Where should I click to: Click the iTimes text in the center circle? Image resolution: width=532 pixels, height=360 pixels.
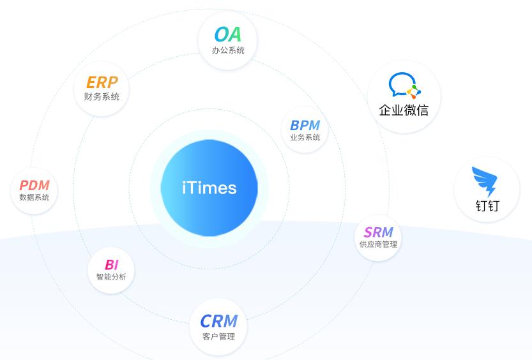pos(209,188)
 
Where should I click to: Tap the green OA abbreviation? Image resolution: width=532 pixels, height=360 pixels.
pos(227,34)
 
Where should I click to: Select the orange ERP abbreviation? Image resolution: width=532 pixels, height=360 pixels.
pos(102,82)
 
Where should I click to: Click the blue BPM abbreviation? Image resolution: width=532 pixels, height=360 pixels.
pos(305,125)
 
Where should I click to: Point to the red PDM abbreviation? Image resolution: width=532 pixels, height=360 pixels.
pos(34,185)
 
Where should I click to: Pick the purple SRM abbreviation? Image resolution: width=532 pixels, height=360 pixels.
pos(378,232)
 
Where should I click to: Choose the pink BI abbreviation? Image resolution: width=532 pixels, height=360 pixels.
pos(111,264)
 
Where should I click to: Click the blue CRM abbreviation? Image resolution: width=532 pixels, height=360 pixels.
pos(218,321)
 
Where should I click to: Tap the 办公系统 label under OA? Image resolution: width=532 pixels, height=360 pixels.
pos(228,50)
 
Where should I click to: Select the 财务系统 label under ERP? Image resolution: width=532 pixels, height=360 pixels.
pos(102,96)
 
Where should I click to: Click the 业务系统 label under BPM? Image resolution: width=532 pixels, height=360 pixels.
pos(305,137)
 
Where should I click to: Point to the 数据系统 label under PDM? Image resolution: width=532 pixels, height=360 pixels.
pos(34,197)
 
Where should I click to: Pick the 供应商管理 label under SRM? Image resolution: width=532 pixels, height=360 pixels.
pos(378,244)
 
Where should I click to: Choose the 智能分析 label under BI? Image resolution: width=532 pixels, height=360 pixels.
pos(111,276)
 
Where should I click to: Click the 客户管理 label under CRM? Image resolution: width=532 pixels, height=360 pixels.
pos(218,336)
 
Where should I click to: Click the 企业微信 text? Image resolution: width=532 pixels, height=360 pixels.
pos(404,110)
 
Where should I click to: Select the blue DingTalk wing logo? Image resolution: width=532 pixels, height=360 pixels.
pos(485,181)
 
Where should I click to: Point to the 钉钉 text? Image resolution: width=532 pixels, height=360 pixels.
pos(487,206)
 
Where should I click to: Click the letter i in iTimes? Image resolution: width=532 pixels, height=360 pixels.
pos(184,188)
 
